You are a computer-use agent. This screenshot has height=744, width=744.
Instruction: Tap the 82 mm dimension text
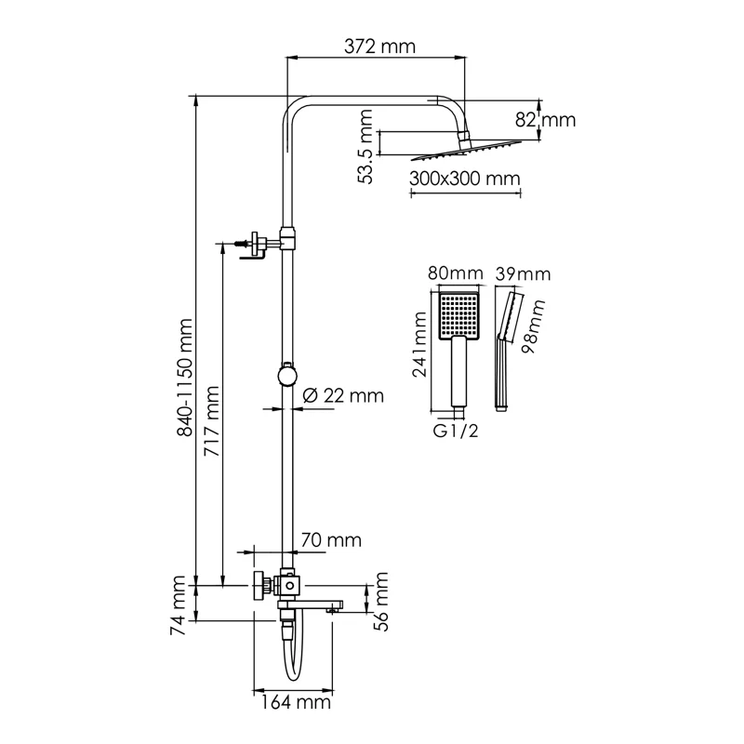pyautogui.click(x=547, y=120)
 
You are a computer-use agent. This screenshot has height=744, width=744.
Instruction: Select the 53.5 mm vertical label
pyautogui.click(x=366, y=146)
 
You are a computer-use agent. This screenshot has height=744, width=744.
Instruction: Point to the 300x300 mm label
pyautogui.click(x=464, y=179)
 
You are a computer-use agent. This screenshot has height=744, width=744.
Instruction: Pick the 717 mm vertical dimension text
pyautogui.click(x=212, y=419)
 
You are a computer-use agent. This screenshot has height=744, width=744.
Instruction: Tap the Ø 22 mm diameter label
pyautogui.click(x=343, y=395)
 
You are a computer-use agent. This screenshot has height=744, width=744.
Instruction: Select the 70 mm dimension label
pyautogui.click(x=331, y=540)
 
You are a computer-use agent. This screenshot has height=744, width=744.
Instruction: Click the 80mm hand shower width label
pyautogui.click(x=456, y=274)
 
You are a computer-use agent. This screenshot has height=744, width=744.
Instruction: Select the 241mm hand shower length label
pyautogui.click(x=419, y=349)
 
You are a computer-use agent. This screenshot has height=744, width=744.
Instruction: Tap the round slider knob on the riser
pyautogui.click(x=288, y=375)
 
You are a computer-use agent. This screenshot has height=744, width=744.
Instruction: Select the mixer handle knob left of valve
pyautogui.click(x=257, y=588)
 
